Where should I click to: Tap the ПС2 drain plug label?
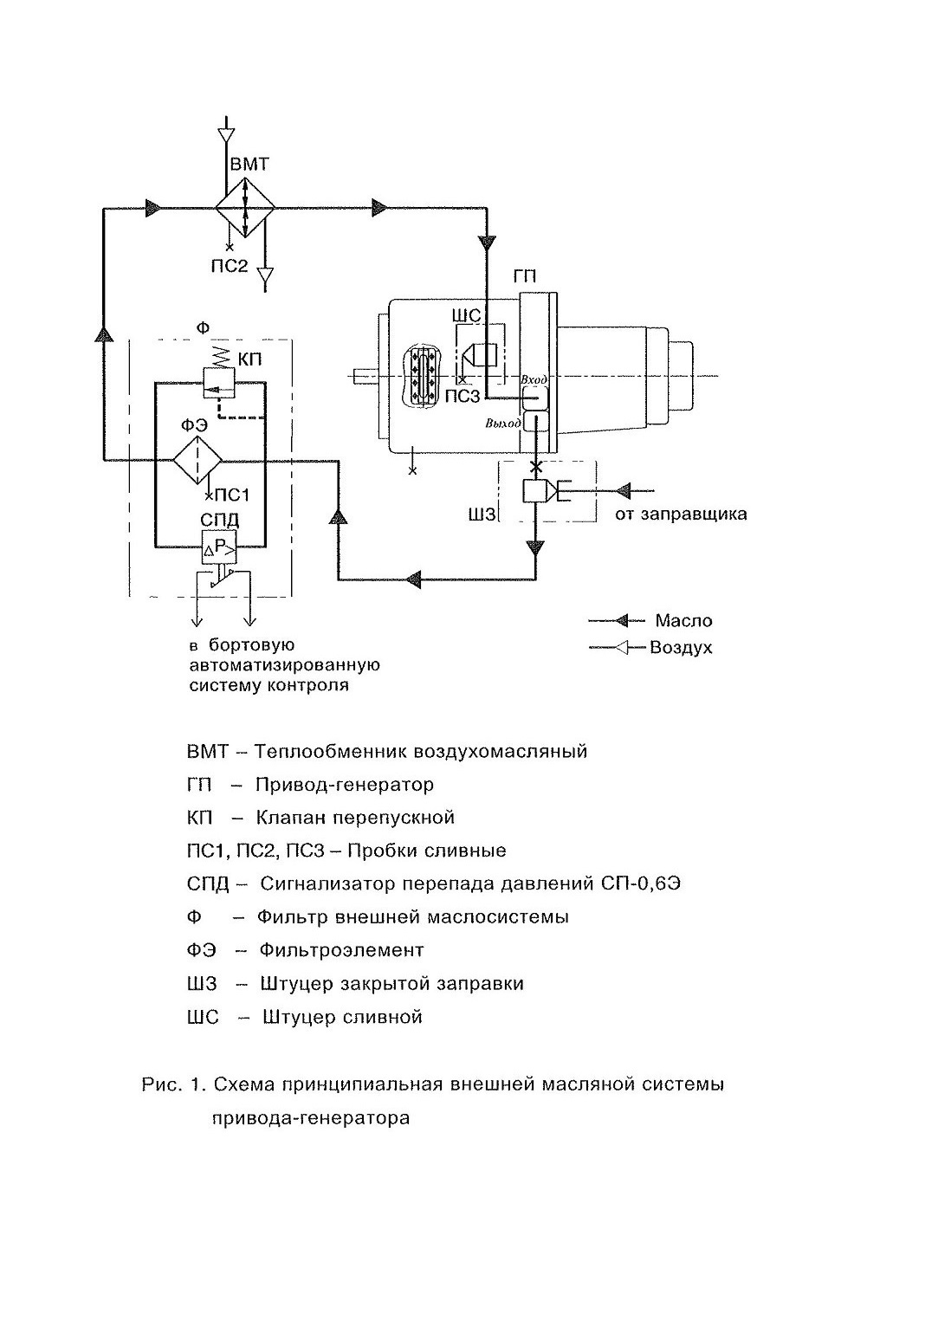click(229, 265)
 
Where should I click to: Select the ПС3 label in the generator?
click(463, 397)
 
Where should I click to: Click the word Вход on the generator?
click(533, 379)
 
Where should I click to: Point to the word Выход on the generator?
click(503, 423)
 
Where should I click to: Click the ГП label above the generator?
click(524, 276)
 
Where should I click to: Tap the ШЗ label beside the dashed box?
click(482, 514)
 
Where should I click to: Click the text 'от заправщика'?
click(681, 514)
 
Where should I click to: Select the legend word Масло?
click(684, 621)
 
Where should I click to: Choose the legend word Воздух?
click(681, 648)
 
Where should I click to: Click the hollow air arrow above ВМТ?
click(226, 135)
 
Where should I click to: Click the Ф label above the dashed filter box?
click(203, 328)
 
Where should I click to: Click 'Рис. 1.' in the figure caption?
click(174, 1084)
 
